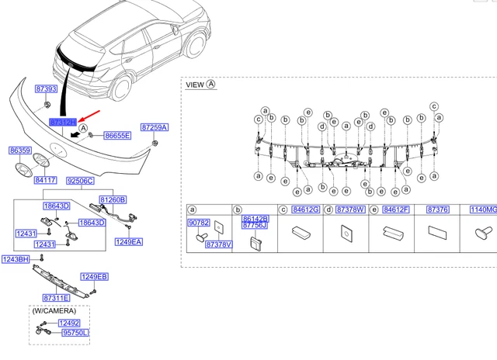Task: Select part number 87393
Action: point(47,90)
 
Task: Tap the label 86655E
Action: point(117,135)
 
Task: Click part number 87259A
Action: point(155,126)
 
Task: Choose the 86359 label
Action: point(21,151)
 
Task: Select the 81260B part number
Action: point(112,199)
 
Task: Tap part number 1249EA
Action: point(129,242)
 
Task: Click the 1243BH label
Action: point(15,259)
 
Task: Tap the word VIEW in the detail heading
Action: point(195,85)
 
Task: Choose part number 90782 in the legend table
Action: point(199,223)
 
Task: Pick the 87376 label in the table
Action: point(438,209)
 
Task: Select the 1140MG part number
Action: point(481,209)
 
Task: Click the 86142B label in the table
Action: point(255,219)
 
